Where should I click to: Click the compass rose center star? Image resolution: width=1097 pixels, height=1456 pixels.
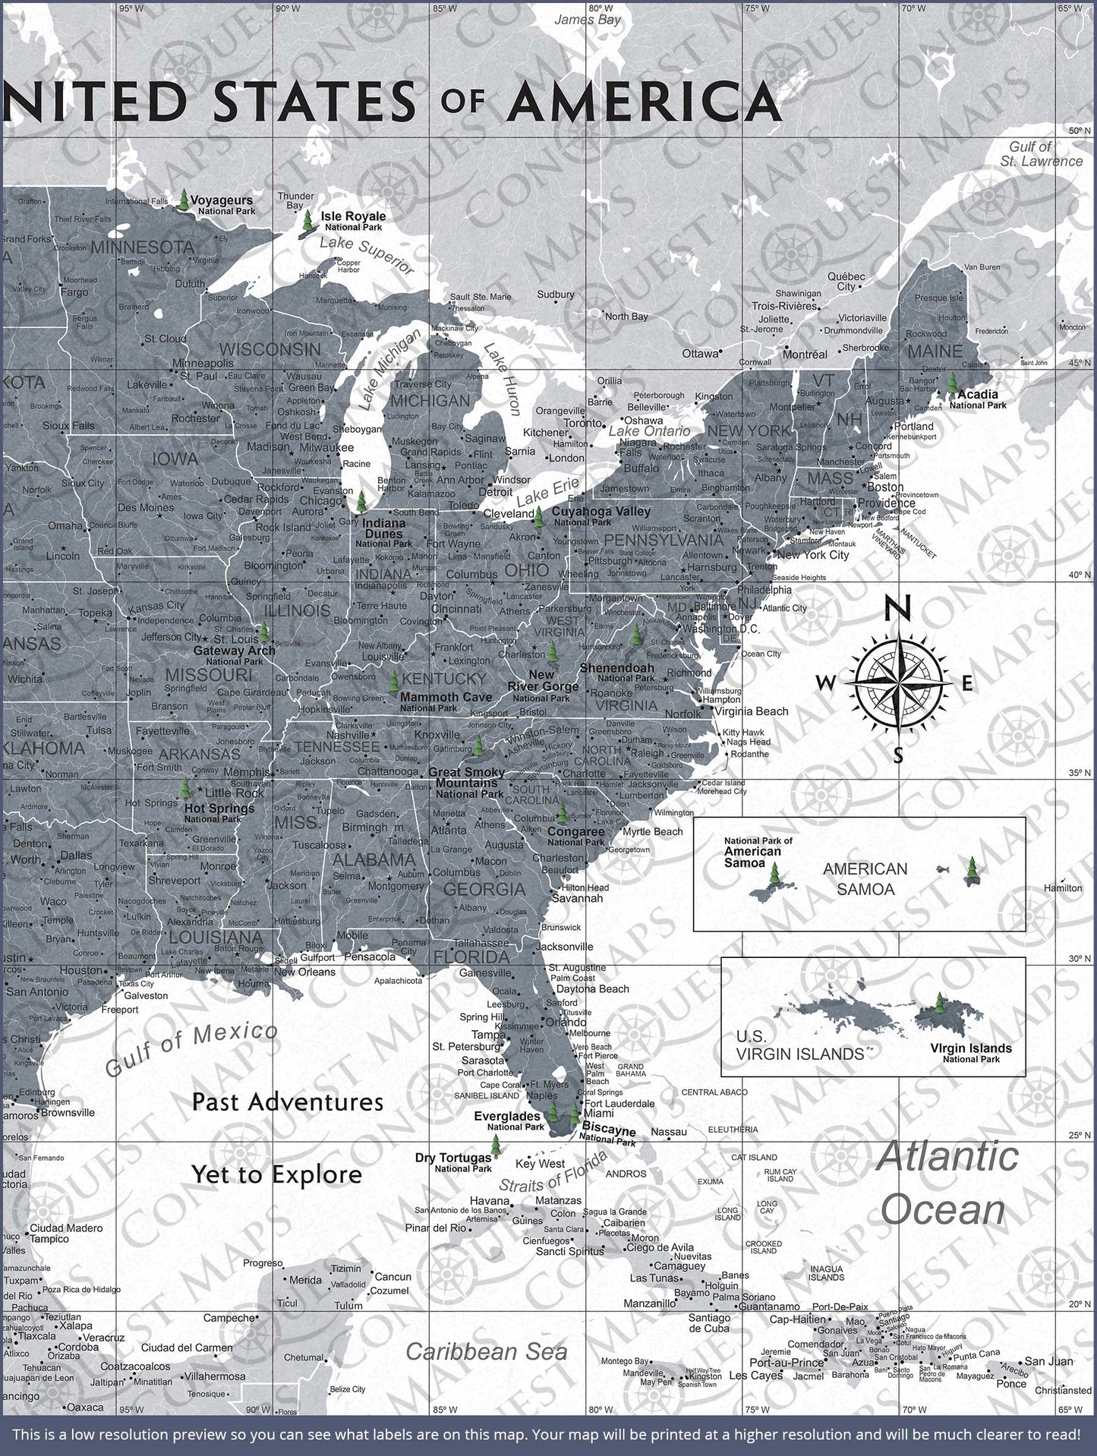(x=897, y=682)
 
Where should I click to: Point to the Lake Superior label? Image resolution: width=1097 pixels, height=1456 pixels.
(x=367, y=254)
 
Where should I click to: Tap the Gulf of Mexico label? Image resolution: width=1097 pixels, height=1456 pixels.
(x=191, y=1048)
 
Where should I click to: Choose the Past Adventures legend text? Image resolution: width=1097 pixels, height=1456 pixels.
(x=287, y=1101)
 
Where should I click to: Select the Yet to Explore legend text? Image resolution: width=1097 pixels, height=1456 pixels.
(x=276, y=1174)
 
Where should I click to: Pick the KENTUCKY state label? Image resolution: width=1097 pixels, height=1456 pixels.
(x=444, y=678)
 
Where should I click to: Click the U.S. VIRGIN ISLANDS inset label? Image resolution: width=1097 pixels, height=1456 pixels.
(x=799, y=1045)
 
